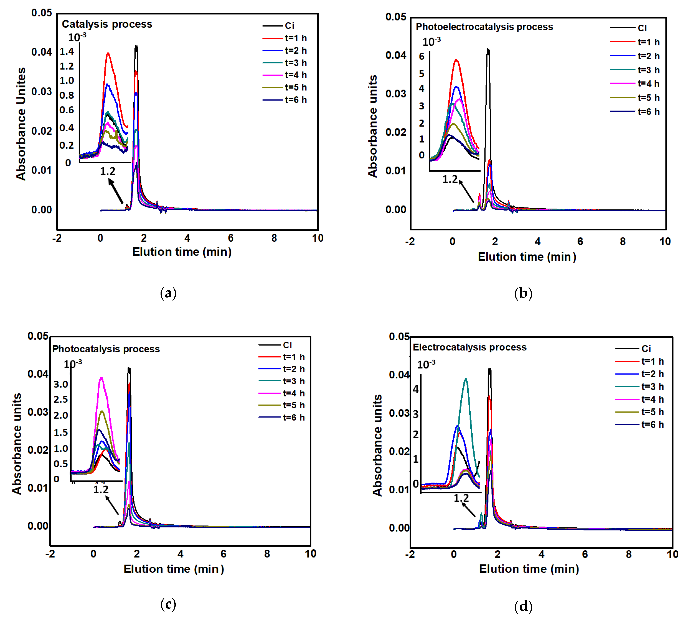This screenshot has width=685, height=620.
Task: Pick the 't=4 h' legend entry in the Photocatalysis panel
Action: [293, 393]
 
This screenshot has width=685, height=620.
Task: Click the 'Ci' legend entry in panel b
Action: [641, 28]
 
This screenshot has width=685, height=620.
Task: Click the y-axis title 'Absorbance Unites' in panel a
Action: [21, 124]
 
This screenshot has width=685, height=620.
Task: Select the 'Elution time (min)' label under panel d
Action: [529, 569]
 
